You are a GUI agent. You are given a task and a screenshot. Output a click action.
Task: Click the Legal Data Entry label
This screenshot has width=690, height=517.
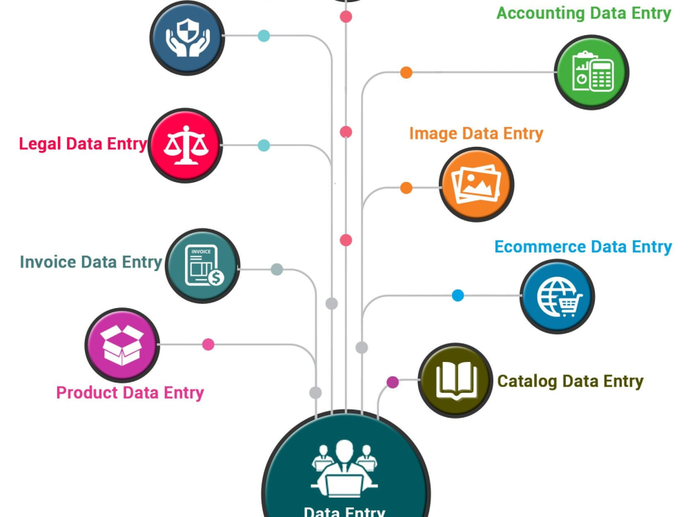click(83, 144)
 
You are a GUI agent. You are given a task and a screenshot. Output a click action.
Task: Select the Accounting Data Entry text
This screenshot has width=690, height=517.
click(584, 13)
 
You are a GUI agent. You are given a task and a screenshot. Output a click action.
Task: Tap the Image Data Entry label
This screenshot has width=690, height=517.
click(476, 133)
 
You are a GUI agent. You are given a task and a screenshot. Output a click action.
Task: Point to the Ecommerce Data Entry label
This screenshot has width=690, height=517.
click(583, 247)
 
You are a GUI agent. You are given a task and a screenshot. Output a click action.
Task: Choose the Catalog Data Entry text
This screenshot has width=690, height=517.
click(571, 381)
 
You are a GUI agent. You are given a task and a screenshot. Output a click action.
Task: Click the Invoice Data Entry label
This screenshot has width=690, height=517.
click(91, 262)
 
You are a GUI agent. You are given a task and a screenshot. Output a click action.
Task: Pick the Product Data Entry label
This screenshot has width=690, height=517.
click(130, 393)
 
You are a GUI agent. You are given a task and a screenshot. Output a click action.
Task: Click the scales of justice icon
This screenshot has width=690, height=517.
click(186, 145)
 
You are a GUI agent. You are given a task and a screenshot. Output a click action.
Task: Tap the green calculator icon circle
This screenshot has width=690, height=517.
click(591, 72)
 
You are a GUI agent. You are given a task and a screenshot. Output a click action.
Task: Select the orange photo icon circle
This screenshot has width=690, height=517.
click(477, 184)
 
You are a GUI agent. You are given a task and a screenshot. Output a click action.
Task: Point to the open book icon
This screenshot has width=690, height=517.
click(457, 381)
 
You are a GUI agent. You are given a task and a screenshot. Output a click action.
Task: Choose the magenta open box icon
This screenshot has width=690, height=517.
click(122, 345)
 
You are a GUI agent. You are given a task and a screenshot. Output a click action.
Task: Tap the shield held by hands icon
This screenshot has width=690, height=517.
click(188, 37)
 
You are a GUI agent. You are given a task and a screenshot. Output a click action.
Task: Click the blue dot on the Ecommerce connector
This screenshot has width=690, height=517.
click(457, 296)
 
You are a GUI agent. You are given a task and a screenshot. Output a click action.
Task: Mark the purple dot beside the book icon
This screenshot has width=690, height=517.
click(393, 382)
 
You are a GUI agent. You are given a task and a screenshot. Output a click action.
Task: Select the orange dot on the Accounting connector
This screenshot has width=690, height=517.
click(406, 72)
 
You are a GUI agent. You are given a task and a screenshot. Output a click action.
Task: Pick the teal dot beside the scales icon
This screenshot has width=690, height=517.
click(264, 145)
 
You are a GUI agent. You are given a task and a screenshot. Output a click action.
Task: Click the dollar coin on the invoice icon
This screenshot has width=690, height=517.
click(216, 278)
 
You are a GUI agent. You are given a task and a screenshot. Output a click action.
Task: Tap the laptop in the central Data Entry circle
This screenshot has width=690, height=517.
click(344, 485)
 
